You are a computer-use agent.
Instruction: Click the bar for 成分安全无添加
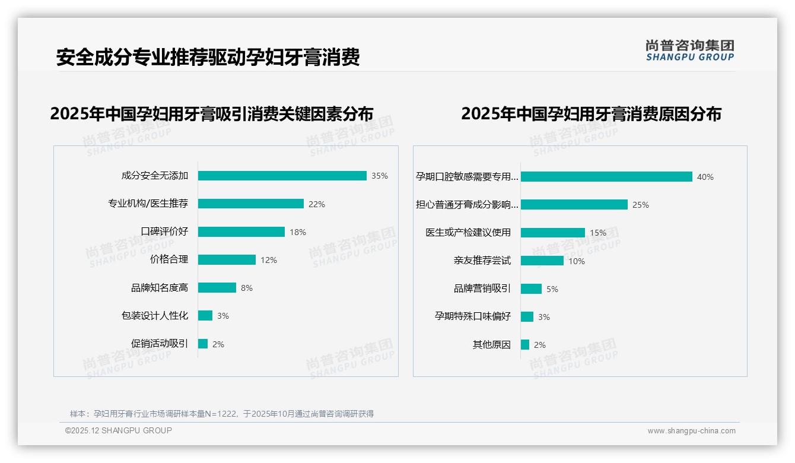coord(282,176)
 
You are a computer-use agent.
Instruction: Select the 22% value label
coord(317,204)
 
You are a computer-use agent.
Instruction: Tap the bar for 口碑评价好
coord(241,232)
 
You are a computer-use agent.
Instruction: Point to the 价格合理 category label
coord(169,259)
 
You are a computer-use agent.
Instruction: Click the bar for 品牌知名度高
coord(217,288)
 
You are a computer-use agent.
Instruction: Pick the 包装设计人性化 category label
coord(155,316)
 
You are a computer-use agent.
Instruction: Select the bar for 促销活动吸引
coord(203,344)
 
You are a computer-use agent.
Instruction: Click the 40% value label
coord(705,177)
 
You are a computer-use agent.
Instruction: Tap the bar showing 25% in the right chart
coord(574,205)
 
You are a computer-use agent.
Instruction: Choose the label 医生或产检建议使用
coord(468,233)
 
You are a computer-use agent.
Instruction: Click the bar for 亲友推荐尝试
coord(542,261)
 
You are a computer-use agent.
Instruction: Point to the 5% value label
coord(552,289)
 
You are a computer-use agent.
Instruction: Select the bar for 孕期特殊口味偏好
coord(527,317)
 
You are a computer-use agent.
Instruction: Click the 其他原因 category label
coord(491,344)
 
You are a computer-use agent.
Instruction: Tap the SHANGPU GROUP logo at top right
coord(690,50)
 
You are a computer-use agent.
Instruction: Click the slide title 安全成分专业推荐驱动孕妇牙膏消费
coord(208,58)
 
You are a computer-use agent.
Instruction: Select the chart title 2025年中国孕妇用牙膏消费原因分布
coord(591,114)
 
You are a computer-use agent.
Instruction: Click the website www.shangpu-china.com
coord(691,431)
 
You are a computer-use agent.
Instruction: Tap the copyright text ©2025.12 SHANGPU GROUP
coord(119,430)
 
